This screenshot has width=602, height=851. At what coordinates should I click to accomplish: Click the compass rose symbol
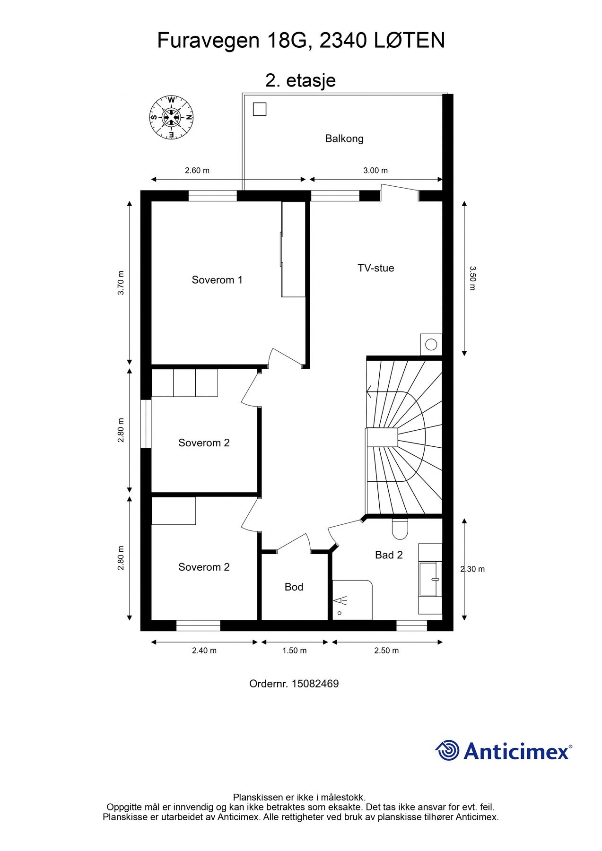(x=171, y=117)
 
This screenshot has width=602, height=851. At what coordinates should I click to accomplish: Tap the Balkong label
(x=344, y=139)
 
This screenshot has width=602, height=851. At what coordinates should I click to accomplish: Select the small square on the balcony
(x=260, y=109)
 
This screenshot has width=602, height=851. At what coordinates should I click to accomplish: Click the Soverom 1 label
(x=217, y=280)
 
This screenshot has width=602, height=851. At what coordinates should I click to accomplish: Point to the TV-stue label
(x=376, y=268)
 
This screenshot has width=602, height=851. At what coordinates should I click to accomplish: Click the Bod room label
(x=294, y=587)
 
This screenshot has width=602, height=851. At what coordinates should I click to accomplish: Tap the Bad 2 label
(x=389, y=555)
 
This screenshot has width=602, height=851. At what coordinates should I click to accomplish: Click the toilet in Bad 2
(x=400, y=529)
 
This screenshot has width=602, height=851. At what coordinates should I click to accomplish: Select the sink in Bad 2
(x=430, y=579)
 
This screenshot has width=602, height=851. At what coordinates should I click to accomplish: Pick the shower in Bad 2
(x=352, y=600)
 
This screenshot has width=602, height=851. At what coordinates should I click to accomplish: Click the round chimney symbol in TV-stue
(x=431, y=345)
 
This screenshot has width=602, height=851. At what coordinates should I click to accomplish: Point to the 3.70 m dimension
(x=121, y=283)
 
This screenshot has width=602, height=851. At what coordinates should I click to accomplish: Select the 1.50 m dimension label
(x=294, y=651)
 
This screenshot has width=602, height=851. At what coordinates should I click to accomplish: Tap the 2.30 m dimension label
(x=472, y=569)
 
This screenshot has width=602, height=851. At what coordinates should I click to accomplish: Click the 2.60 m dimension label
(x=197, y=171)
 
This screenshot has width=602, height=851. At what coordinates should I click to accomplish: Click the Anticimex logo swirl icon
(x=447, y=750)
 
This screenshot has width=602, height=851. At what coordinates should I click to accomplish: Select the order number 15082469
(x=315, y=684)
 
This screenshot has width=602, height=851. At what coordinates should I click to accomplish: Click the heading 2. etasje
(x=301, y=80)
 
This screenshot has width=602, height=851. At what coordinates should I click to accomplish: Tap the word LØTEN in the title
(x=410, y=41)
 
